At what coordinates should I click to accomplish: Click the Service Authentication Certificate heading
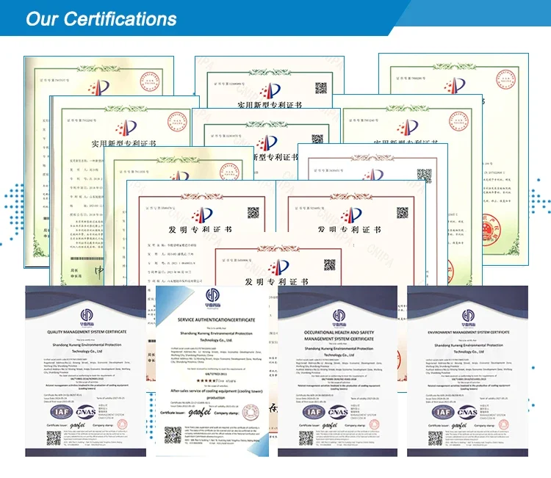pyautogui.click(x=216, y=320)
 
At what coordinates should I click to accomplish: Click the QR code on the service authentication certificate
pyautogui.click(x=173, y=433)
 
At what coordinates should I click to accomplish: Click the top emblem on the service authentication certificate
pyautogui.click(x=216, y=294)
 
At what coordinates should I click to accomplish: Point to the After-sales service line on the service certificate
pyautogui.click(x=216, y=392)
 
